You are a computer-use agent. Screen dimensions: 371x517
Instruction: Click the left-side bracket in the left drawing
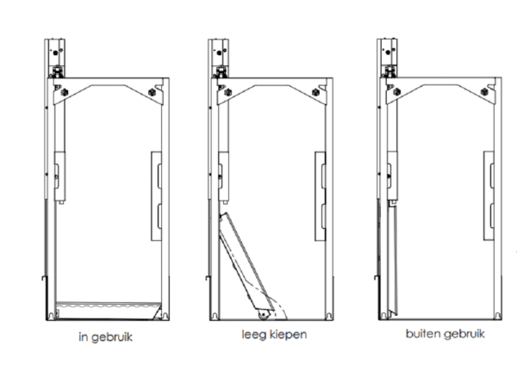59,172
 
